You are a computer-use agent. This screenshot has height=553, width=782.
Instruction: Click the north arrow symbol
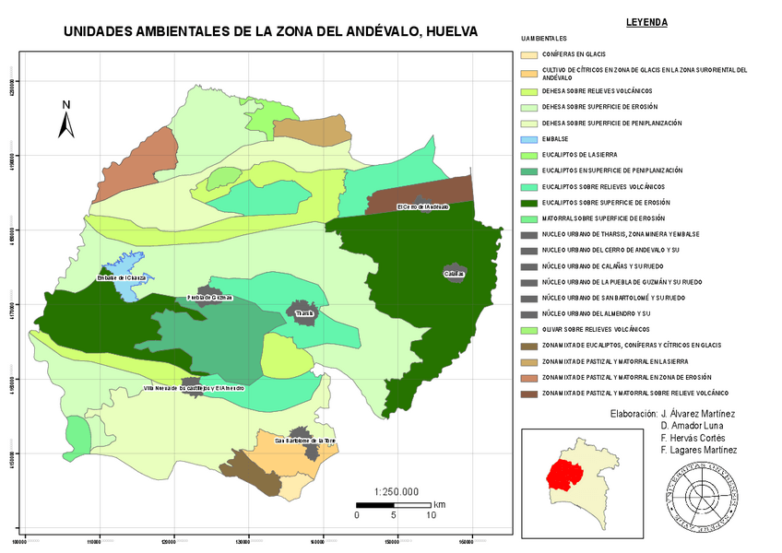pyautogui.click(x=66, y=120)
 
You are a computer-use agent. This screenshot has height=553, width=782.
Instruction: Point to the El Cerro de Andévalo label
pyautogui.click(x=422, y=206)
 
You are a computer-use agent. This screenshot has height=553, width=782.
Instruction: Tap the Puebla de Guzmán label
pyautogui.click(x=210, y=298)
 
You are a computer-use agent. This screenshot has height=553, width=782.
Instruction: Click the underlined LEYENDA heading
pyautogui.click(x=646, y=22)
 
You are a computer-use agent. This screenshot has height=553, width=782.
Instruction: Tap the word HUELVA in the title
pyautogui.click(x=444, y=31)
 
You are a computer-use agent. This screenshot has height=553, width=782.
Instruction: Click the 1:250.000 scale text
pyautogui.click(x=397, y=491)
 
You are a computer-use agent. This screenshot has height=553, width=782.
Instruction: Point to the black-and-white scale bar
pyautogui.click(x=394, y=504)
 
